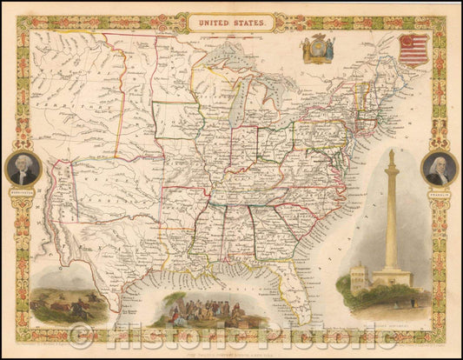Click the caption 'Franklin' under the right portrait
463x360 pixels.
439,192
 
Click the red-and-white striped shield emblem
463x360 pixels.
413,50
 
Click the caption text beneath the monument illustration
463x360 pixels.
387,328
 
